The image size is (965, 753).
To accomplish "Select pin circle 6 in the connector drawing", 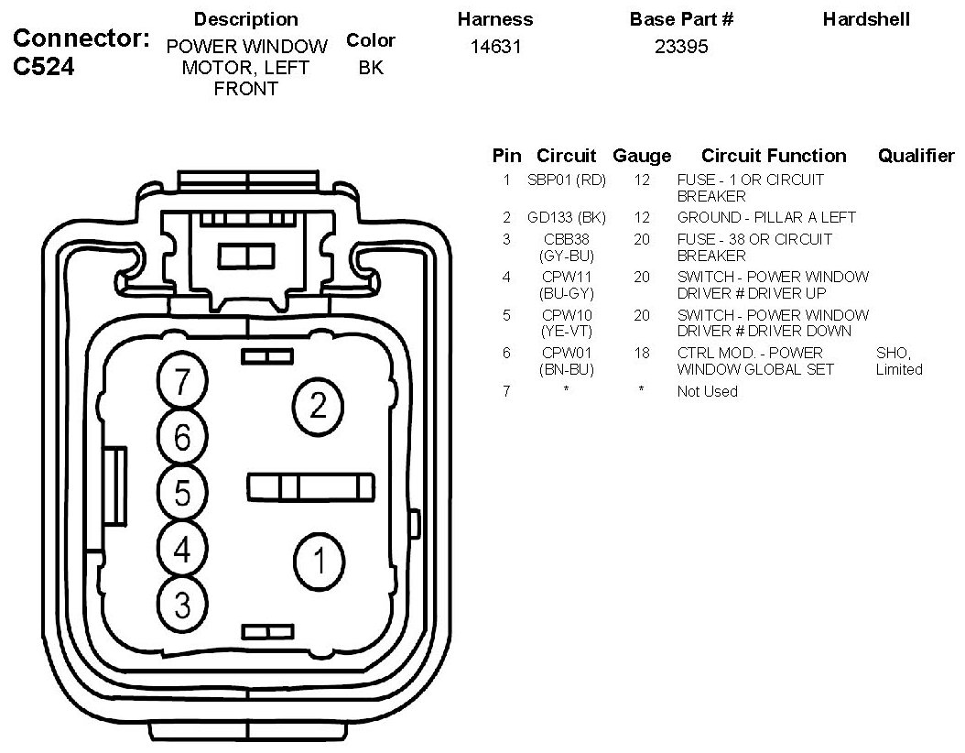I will pos(182,438).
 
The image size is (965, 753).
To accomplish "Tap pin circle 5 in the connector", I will pos(182,494).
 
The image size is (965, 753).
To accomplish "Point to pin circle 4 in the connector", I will pos(182,550).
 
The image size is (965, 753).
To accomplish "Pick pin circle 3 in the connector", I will pos(182,604).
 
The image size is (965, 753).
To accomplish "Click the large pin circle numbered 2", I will pos(318,405).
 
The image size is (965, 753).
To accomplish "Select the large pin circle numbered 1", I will pos(319,560).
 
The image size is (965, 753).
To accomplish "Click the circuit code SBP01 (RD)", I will pos(567,180).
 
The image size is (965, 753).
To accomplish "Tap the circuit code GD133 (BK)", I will pos(567,218).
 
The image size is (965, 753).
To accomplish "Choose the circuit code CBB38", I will pos(567,239).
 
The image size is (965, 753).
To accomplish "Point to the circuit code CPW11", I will pos(567,277).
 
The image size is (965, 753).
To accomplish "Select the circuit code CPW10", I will pos(567,315).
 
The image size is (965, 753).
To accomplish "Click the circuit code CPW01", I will pos(567,353).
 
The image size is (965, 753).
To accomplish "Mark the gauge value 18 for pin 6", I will pos(642,353).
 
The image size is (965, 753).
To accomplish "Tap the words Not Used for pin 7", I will pos(707,391).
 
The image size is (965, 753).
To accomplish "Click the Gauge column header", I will pos(642,156).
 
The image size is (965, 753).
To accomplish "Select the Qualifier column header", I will pos(916,156).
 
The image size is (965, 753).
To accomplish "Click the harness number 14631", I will pos(495,47).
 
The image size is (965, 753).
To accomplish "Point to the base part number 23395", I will pos(681,47).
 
